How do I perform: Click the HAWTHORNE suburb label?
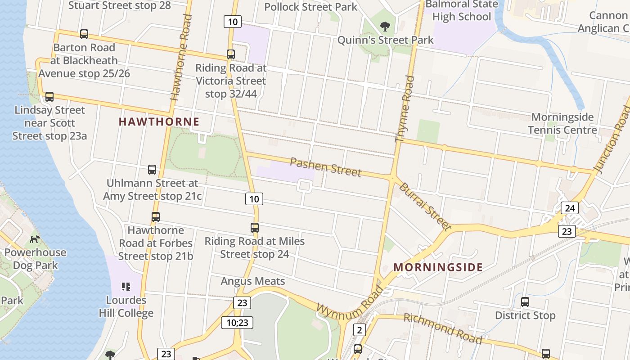[159, 121]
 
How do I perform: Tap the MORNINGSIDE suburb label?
[438, 267]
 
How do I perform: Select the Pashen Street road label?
[325, 167]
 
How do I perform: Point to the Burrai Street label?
[425, 206]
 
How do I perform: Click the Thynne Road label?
[405, 109]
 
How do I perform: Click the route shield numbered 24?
[570, 208]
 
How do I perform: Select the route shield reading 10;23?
[237, 322]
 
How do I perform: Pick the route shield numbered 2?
[359, 330]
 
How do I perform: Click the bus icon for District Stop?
[525, 302]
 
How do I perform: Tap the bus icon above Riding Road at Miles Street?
[255, 228]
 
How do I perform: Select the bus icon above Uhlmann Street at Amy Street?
[152, 170]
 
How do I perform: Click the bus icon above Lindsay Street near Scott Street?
[49, 97]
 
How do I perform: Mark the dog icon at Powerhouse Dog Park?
[35, 239]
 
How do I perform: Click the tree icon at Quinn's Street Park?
[385, 27]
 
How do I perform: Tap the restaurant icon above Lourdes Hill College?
[126, 287]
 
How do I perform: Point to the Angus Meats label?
[252, 281]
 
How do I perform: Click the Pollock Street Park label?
[310, 7]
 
